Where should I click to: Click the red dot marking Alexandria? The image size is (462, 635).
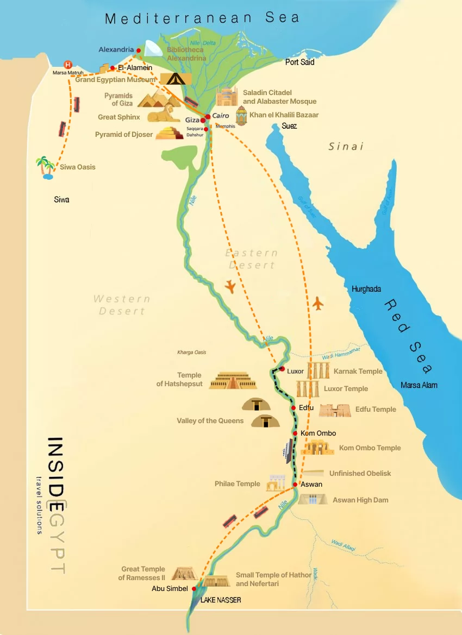click(139, 50)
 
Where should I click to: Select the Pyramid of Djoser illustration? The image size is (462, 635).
click(169, 133)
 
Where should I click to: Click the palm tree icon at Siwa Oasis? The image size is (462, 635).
click(45, 167)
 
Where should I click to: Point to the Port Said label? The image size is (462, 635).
click(300, 62)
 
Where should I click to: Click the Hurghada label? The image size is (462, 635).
click(366, 289)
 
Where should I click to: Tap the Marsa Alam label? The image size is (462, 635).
click(419, 385)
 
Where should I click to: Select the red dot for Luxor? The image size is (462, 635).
click(282, 369)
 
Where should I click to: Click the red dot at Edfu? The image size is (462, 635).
click(294, 408)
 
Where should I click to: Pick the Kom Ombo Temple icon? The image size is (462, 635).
click(317, 448)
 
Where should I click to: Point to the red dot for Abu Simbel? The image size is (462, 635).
click(194, 588)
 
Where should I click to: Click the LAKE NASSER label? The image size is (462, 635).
click(220, 600)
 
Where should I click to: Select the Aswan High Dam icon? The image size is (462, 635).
click(313, 499)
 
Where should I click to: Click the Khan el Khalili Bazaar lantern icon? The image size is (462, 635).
click(241, 116)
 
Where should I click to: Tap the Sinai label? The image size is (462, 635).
click(346, 147)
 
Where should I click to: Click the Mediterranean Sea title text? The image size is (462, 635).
click(202, 18)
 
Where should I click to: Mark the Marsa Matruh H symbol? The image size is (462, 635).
click(68, 65)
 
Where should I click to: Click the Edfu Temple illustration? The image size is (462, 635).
click(335, 410)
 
